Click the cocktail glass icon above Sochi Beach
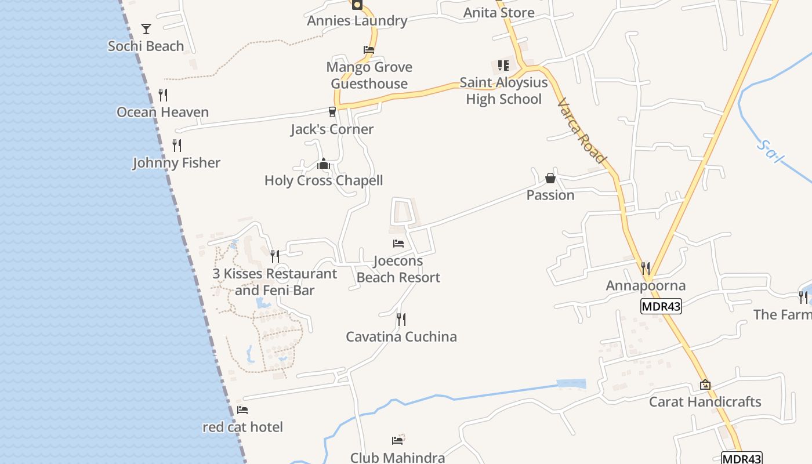pos(146,28)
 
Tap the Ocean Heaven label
pos(162,112)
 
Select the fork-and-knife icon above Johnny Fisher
pos(177,145)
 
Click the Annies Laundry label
pos(357,21)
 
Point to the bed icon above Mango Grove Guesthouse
pos(369,50)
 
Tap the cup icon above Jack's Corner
pos(332,111)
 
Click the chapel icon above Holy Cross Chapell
pos(324,164)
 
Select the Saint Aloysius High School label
pos(503,91)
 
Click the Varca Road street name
pos(582,131)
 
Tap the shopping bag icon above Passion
pos(550,177)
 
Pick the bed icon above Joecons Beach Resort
pos(398,244)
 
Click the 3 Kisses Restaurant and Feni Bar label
pos(274,282)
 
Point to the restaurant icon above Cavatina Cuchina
pos(401,319)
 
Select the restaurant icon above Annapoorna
pos(646,268)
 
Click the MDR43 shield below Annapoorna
pos(661,306)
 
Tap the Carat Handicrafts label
pos(705,401)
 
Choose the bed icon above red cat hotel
pos(242,410)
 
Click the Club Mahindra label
pos(397,457)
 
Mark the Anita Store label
pos(499,12)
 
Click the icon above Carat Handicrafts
pos(705,385)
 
